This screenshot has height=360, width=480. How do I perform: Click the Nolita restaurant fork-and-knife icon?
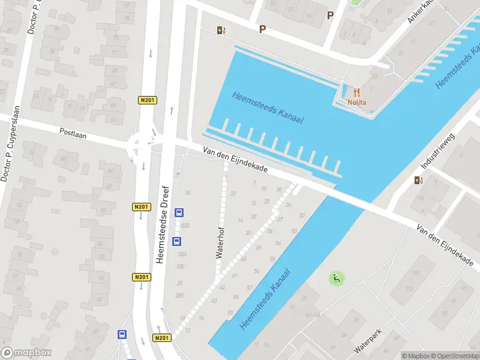pyautogui.click(x=356, y=93)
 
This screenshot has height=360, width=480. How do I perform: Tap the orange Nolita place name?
pyautogui.click(x=356, y=103)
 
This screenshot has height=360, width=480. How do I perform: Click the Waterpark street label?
pyautogui.click(x=368, y=340)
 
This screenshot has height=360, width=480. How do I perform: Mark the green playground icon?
pyautogui.click(x=337, y=278)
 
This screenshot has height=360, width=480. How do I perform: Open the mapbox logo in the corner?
pyautogui.click(x=26, y=353)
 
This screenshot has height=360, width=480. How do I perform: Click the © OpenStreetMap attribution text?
pyautogui.click(x=455, y=355)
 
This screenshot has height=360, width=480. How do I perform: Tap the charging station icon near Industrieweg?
pyautogui.click(x=418, y=180)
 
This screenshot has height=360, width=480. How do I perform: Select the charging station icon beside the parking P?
pyautogui.click(x=221, y=31)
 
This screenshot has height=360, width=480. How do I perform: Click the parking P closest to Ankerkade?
pyautogui.click(x=330, y=16)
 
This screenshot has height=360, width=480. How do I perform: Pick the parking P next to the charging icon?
pyautogui.click(x=262, y=29)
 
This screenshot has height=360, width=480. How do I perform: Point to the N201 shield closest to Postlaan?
pyautogui.click(x=148, y=100)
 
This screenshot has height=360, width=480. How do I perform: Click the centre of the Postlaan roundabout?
pyautogui.click(x=142, y=144)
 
